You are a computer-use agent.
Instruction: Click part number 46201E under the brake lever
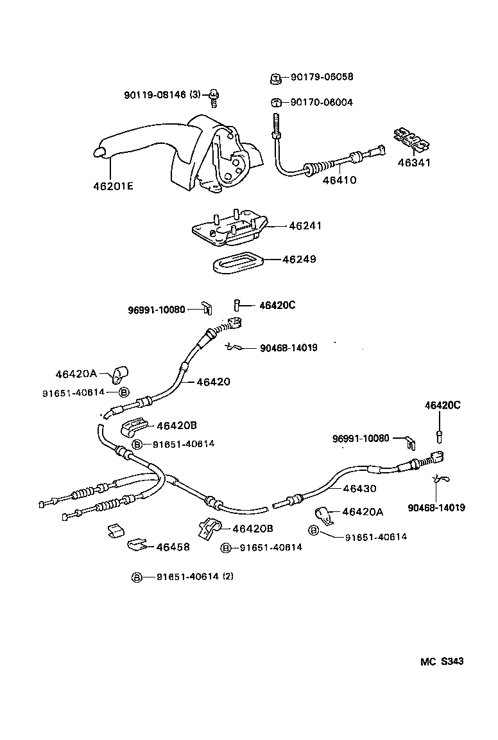point(113,186)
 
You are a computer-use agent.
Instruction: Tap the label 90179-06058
point(322,76)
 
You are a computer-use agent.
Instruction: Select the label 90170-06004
point(322,102)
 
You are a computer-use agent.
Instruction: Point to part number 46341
point(413,163)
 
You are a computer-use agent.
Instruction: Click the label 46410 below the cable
point(339,180)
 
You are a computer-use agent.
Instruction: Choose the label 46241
point(305,225)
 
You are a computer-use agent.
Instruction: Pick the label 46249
point(299,259)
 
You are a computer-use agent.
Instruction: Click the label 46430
point(360,488)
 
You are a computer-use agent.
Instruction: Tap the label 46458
point(173,547)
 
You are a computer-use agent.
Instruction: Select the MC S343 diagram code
point(442,661)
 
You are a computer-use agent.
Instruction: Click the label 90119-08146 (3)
point(162,95)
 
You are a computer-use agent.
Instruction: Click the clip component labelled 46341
point(412,139)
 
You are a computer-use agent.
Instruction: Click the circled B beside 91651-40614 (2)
point(136,577)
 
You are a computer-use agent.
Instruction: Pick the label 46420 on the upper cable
point(213,382)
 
